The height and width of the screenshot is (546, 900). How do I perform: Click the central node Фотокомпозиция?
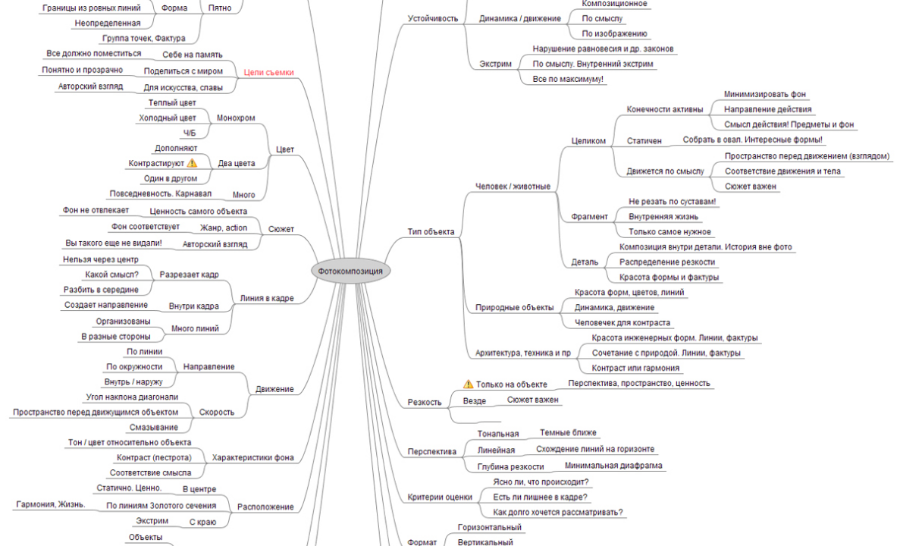(350, 271)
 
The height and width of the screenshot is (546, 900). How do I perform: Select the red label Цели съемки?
(268, 72)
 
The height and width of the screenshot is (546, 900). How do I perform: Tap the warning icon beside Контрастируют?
(192, 163)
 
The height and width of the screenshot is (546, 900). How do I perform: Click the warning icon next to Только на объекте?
(468, 384)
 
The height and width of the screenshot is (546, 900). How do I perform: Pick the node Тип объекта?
(431, 232)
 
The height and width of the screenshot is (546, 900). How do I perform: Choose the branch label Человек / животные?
(513, 187)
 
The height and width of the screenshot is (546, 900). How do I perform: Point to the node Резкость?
(424, 402)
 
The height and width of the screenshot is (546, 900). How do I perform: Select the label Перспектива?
(431, 451)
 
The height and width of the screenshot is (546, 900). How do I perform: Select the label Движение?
(274, 389)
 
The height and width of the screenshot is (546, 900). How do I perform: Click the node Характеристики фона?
(252, 457)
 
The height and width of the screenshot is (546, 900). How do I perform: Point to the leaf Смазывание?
(154, 427)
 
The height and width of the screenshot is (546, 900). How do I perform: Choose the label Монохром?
(236, 118)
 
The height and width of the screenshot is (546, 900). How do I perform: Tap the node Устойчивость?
(433, 18)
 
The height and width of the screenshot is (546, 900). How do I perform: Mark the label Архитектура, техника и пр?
(522, 353)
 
